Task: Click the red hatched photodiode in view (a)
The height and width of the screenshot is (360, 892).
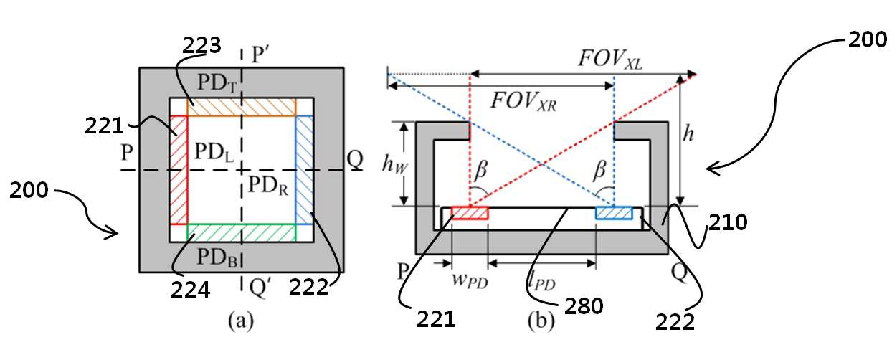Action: pos(179,170)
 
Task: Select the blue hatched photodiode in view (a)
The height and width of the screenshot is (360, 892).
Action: pos(304,170)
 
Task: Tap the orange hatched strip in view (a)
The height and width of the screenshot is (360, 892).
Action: pos(242,107)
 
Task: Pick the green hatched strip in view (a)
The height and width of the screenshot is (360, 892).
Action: pos(242,232)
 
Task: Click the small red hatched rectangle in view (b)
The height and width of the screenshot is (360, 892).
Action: pos(470,213)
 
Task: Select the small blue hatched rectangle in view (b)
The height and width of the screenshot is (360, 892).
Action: pos(614,213)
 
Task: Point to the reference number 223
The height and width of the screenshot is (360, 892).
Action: pos(201,45)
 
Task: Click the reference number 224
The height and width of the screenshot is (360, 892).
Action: pos(190,290)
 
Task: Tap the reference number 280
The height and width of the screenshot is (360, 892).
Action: pos(584,305)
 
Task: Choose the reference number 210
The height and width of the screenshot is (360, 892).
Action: pos(728,222)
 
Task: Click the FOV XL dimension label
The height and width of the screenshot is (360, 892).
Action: pos(610,60)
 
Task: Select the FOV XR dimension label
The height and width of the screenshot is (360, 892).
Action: pos(523,101)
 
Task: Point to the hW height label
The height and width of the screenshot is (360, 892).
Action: pos(394,164)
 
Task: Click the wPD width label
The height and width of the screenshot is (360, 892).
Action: pos(470,280)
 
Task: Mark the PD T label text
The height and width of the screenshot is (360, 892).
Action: pos(217,83)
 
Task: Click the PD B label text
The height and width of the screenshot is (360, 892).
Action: pos(217,257)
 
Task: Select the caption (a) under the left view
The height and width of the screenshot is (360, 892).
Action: pos(240,321)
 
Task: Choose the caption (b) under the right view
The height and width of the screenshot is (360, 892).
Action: pos(541,321)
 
